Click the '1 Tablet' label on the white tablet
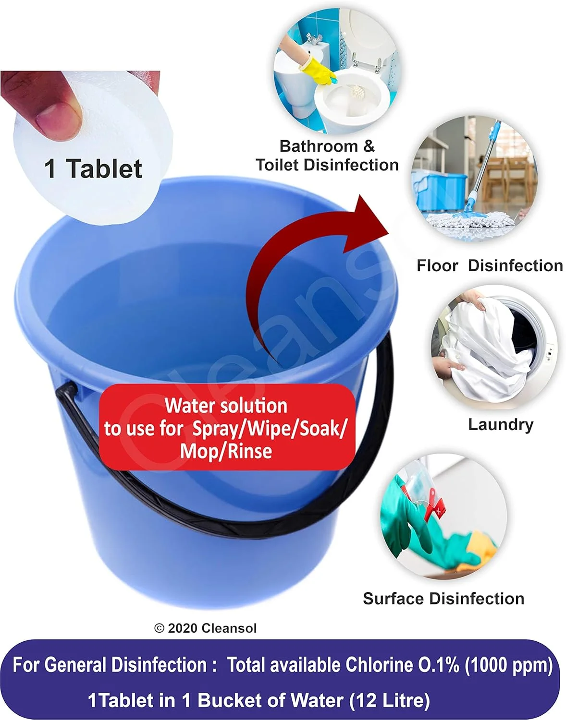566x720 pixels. point(93,168)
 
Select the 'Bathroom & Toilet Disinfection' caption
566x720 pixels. point(327,156)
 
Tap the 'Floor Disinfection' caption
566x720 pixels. point(490,266)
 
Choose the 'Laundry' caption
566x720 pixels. point(501,424)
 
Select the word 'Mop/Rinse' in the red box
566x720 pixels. point(226,451)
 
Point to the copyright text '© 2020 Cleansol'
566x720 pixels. point(205,628)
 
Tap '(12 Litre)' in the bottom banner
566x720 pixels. point(390,700)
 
